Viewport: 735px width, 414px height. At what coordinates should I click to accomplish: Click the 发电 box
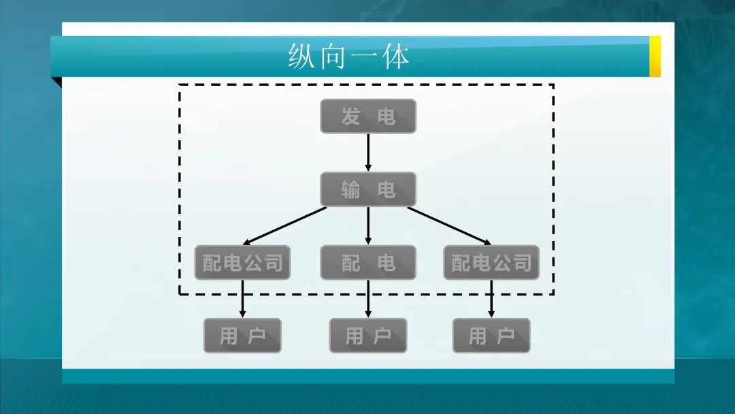(367, 116)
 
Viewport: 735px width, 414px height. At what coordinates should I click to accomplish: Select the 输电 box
(367, 189)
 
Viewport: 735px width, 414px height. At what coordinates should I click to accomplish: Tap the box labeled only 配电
(367, 263)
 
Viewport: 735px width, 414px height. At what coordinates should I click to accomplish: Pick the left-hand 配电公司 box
(242, 263)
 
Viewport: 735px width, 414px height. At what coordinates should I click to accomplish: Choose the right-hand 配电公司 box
(491, 263)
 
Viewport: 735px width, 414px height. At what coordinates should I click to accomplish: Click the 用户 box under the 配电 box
(367, 336)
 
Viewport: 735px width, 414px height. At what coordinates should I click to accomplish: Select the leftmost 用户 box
(242, 336)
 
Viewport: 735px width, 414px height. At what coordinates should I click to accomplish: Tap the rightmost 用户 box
(491, 336)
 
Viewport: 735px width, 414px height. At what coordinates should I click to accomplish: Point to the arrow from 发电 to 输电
(368, 152)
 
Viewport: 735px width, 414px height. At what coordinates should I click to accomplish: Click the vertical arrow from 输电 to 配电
(368, 225)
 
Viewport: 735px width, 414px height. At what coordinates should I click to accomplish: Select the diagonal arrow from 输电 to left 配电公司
(286, 225)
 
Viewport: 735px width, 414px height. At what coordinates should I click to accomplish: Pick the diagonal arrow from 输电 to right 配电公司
(449, 225)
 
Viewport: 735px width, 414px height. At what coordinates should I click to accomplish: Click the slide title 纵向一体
(348, 57)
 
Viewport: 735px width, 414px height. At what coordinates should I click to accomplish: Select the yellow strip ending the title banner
(655, 57)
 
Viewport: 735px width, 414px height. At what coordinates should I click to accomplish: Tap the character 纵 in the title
(301, 57)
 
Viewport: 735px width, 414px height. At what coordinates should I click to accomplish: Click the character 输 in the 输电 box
(350, 190)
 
